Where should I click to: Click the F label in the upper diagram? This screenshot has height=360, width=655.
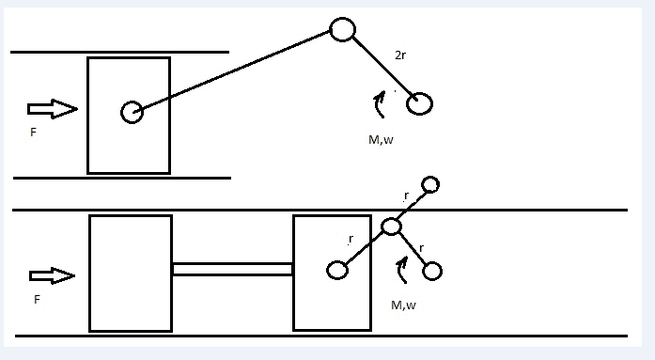click(34, 133)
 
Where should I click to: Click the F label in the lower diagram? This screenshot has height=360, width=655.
click(37, 300)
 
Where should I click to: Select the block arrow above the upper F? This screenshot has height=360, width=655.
click(53, 109)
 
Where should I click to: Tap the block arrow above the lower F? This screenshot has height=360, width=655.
click(53, 275)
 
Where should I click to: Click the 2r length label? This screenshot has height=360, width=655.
click(400, 55)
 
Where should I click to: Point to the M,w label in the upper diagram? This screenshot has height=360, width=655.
click(381, 140)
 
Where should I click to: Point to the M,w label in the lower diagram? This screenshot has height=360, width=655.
click(403, 305)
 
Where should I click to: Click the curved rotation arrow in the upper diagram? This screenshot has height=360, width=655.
click(379, 104)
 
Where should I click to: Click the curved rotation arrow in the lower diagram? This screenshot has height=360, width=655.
click(401, 270)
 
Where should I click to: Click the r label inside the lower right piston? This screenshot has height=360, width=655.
click(351, 239)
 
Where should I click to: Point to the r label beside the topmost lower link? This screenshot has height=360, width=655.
click(406, 196)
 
